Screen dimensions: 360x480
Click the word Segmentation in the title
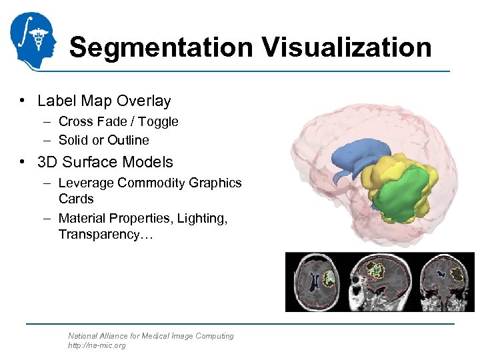(160, 48)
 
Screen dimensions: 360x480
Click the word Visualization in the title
(347, 48)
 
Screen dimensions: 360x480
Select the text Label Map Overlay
(104, 101)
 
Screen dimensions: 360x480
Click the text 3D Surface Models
(105, 162)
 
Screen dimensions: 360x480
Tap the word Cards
(76, 199)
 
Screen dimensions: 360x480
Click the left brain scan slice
(317, 281)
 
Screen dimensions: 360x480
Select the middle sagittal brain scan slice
(377, 281)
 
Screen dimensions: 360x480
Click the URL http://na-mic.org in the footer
(97, 345)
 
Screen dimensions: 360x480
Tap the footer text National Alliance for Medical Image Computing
(151, 336)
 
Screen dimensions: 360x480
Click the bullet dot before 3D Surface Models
(23, 162)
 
